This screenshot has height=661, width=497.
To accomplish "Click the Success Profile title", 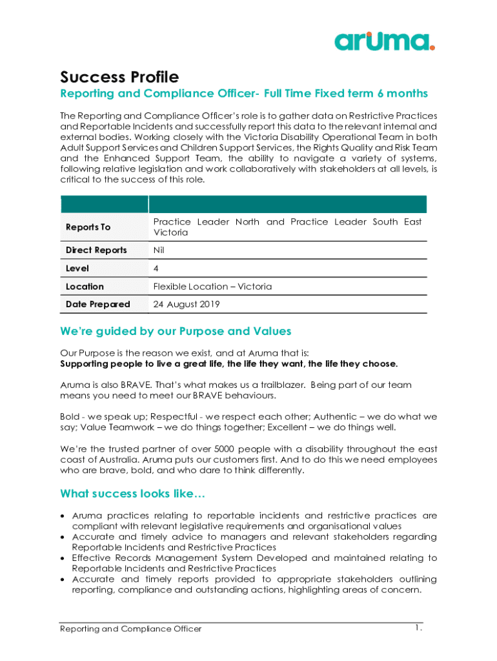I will click(x=119, y=77).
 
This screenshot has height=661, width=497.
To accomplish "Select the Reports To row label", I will click(x=88, y=227).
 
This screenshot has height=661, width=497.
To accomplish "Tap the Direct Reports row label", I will click(x=96, y=250).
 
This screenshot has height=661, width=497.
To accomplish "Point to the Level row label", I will click(x=77, y=268).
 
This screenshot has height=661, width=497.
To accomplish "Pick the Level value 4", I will click(x=156, y=268).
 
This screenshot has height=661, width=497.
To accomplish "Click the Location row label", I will click(x=85, y=286).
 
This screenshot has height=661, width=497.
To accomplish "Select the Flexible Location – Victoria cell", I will click(x=212, y=286).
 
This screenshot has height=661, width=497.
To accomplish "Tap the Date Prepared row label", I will click(x=98, y=304).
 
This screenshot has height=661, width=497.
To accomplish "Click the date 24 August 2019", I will click(x=187, y=304).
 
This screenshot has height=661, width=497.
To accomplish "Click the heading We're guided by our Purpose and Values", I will click(x=176, y=331).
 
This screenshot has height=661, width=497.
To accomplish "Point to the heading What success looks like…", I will click(x=132, y=494).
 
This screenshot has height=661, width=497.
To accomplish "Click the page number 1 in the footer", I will click(x=418, y=627).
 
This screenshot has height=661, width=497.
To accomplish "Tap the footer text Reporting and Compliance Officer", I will click(x=131, y=629).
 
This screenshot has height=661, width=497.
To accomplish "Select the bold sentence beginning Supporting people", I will click(x=229, y=363).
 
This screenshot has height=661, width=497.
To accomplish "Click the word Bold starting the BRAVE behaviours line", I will click(x=70, y=417).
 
